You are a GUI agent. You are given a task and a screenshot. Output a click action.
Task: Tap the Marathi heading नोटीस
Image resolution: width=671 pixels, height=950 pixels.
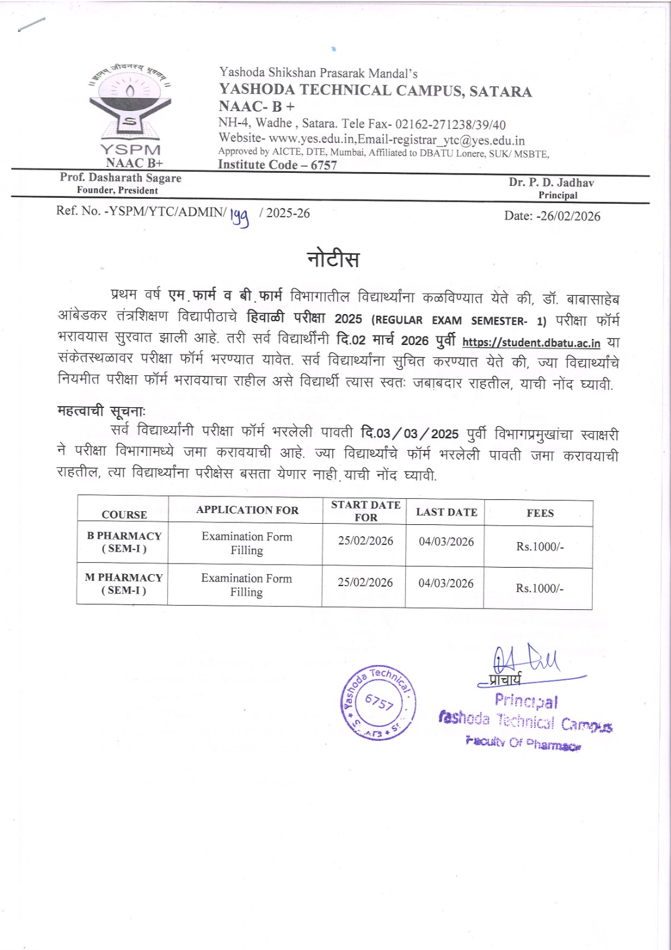point(333,259)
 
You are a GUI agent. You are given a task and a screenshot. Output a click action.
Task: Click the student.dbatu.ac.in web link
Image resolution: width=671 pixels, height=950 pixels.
point(531,343)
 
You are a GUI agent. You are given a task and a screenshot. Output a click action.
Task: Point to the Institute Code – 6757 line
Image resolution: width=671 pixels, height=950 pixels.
point(278,165)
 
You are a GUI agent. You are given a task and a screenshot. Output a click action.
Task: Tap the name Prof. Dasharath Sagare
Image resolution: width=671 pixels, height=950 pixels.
point(120,178)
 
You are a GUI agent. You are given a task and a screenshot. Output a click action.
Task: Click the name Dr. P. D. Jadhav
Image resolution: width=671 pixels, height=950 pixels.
point(551,182)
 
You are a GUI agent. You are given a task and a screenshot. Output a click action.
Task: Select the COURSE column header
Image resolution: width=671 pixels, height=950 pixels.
point(124,515)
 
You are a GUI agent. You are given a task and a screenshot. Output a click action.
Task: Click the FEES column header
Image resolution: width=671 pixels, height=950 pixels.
point(540,513)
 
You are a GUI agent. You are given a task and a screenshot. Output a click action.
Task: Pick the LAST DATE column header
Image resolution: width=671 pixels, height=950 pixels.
point(446,512)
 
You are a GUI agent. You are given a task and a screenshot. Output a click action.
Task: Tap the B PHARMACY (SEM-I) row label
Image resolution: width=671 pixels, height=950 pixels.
point(124,542)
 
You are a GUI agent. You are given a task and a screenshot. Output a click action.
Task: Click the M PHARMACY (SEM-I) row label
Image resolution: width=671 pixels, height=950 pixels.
point(123,584)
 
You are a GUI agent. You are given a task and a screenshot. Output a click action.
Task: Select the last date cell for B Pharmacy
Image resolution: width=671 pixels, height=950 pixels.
point(446,541)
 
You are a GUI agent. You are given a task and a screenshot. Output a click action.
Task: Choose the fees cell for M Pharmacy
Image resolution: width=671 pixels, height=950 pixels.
point(539,588)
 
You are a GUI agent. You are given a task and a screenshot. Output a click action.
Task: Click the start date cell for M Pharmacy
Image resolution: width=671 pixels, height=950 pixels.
point(365,582)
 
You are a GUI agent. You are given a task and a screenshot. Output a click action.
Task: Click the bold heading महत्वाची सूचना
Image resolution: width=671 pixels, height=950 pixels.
point(101,410)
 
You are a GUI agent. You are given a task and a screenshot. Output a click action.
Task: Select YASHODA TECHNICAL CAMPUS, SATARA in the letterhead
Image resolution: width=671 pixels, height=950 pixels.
point(375,91)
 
